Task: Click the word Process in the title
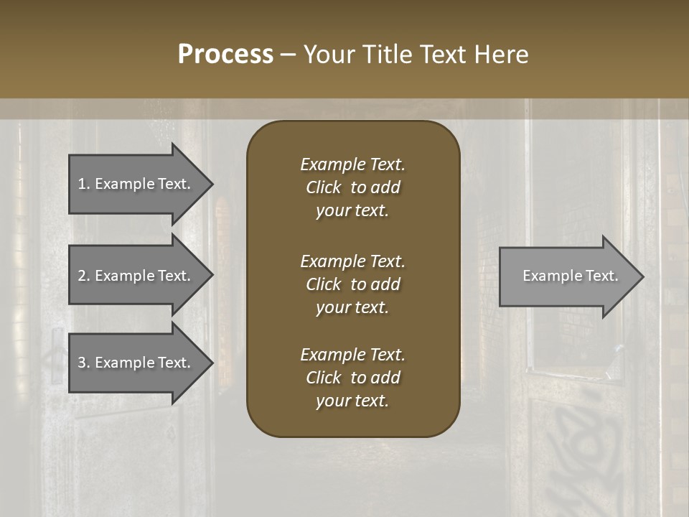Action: point(225,55)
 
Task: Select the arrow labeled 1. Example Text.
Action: point(136,184)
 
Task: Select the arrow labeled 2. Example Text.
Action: point(136,276)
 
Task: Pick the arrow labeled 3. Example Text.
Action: point(136,363)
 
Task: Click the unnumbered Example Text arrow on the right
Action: point(567,276)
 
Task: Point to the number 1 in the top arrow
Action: point(82,184)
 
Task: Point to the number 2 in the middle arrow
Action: point(82,276)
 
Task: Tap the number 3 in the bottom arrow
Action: point(82,363)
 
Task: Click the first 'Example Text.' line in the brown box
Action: point(352,164)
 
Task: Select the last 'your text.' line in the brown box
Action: point(352,401)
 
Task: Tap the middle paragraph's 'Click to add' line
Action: point(352,284)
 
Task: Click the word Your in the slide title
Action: point(330,55)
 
